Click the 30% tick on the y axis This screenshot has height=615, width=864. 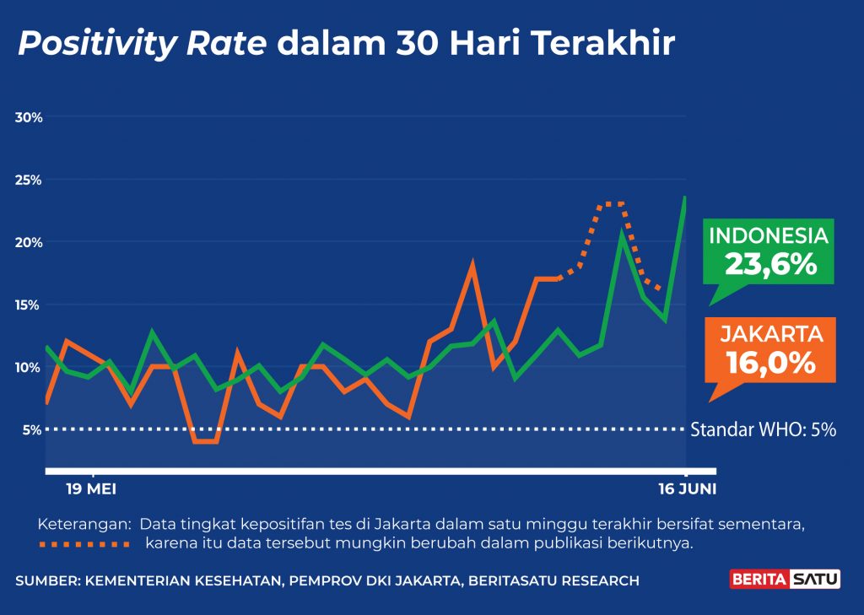pos(29,116)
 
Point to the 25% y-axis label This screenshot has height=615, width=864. pos(29,180)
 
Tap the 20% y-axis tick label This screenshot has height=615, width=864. pos(29,242)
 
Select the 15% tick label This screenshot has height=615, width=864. pos(29,305)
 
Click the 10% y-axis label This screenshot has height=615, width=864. pos(29,367)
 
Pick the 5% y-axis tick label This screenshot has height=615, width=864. pos(32,429)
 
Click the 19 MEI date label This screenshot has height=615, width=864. pos(91,489)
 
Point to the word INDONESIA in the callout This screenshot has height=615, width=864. pos(768,235)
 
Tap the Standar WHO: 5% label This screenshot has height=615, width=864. pos(763,429)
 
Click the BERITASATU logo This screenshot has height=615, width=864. pos(785,580)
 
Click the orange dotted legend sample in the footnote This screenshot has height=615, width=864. pos(84,544)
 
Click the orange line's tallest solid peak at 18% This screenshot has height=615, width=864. pos(472,267)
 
